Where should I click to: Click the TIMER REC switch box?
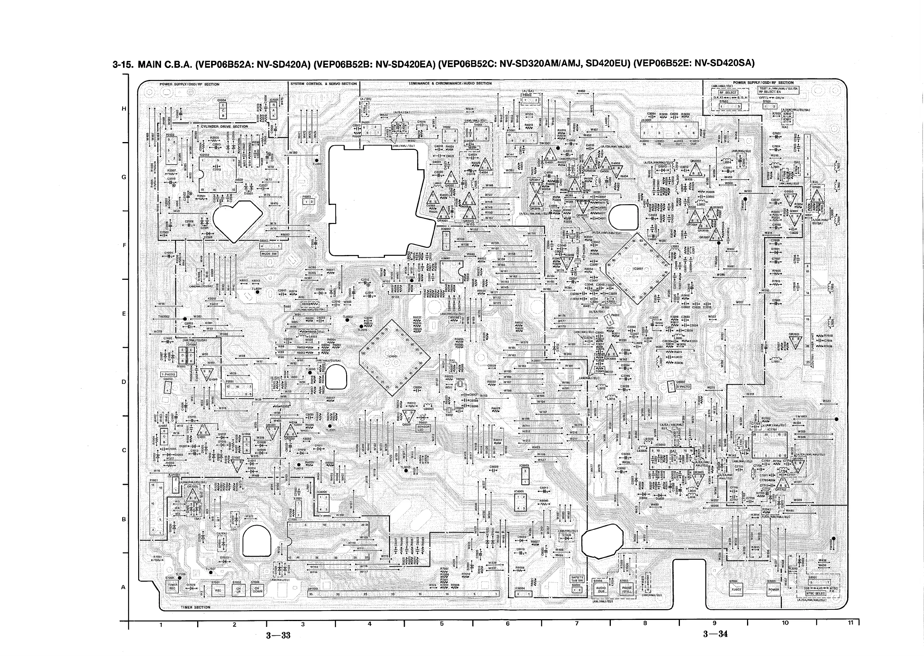[172, 586]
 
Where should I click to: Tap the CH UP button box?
[238, 590]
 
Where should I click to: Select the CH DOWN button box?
[257, 590]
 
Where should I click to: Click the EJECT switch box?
[736, 589]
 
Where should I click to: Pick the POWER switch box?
[773, 589]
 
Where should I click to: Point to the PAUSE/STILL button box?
[627, 590]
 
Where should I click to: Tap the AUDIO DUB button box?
[600, 590]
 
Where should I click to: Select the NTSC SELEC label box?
[816, 594]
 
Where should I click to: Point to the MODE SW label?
[269, 254]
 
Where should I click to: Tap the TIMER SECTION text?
[196, 607]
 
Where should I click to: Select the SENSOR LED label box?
[423, 428]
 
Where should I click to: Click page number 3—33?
[278, 635]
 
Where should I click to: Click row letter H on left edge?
[124, 109]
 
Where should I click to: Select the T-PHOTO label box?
[169, 375]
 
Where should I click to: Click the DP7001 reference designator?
[314, 589]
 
